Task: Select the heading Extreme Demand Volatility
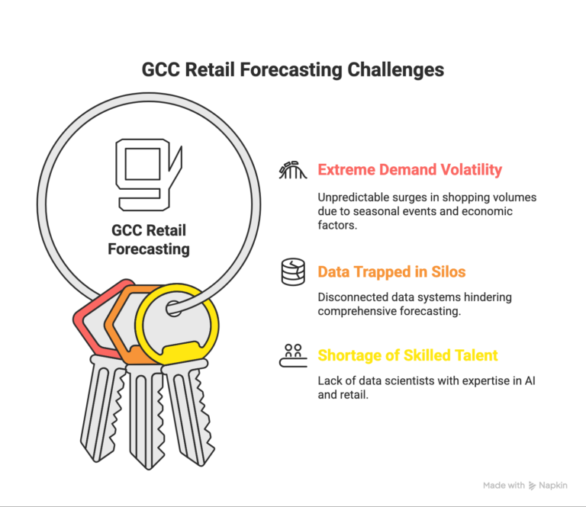[x=410, y=169]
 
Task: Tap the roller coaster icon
[x=292, y=169]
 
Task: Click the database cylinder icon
[x=292, y=271]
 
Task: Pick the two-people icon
[x=292, y=355]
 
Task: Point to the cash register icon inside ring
[x=148, y=174]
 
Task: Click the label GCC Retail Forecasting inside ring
[x=148, y=239]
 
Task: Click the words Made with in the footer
[x=504, y=485]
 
